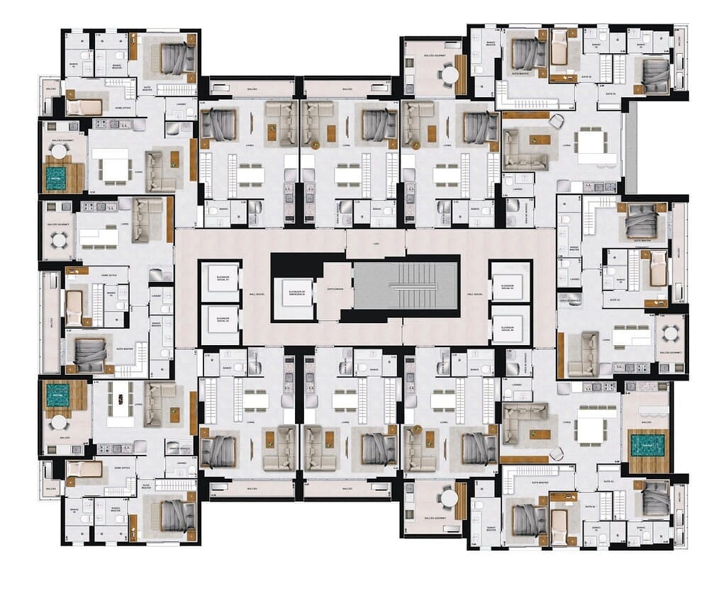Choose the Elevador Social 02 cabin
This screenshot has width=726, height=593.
(220, 320)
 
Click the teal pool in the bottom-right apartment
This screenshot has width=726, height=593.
(647, 445)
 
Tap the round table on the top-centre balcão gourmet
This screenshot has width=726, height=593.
(449, 73)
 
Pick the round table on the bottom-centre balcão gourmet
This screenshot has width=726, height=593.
(449, 499)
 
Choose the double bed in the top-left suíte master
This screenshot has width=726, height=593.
(174, 58)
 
